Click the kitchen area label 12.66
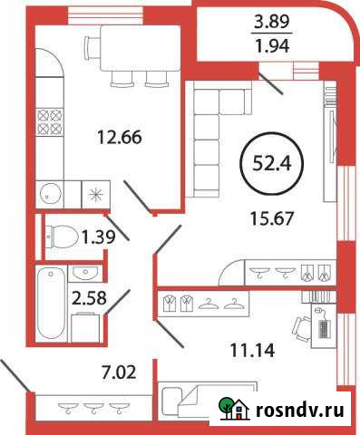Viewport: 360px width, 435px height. [121, 139]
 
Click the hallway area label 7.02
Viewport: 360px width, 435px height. [102, 370]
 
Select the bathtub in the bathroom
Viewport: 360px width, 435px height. [49, 304]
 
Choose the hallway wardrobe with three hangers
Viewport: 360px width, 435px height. [90, 406]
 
